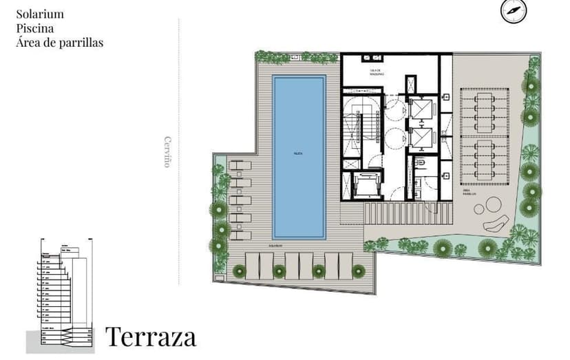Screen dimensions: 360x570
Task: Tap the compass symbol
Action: click(x=513, y=11)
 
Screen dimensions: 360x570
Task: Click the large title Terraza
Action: click(x=151, y=337)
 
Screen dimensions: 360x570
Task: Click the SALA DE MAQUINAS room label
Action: click(x=376, y=71)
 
